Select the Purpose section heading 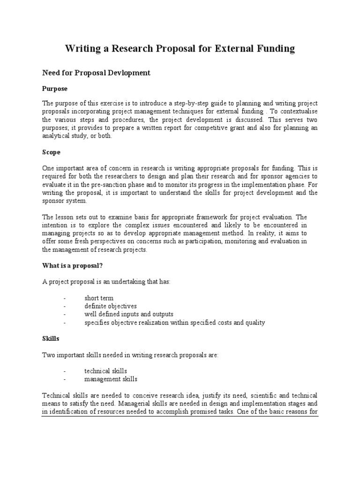[x=55, y=89]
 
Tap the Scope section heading [x=51, y=152]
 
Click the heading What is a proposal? [x=72, y=265]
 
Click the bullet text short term [x=99, y=298]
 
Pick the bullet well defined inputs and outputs [x=129, y=314]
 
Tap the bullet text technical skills [x=105, y=371]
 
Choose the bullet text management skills [x=111, y=379]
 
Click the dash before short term [x=64, y=298]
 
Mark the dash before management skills [x=64, y=379]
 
